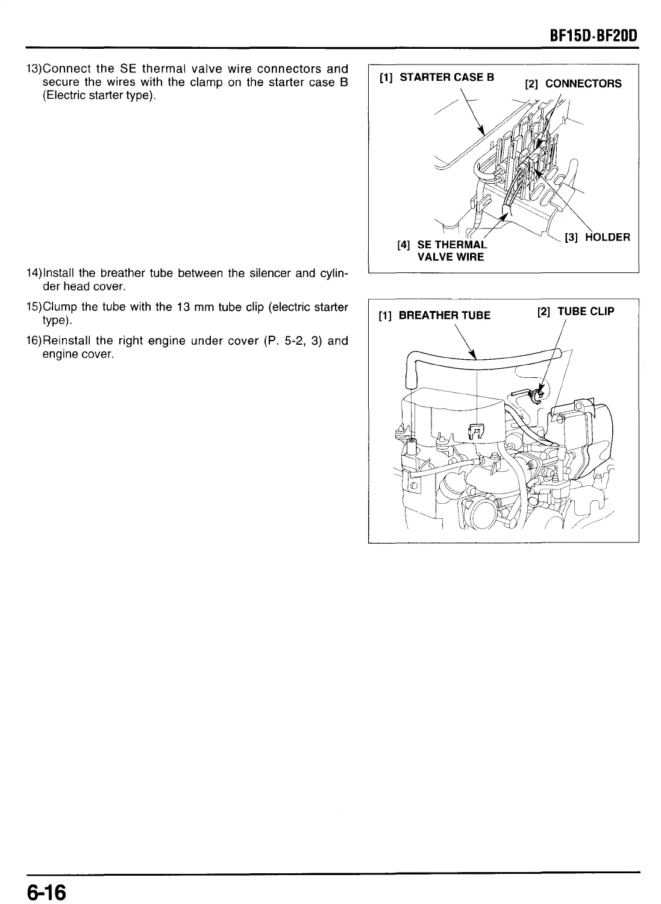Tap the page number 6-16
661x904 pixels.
point(45,890)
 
